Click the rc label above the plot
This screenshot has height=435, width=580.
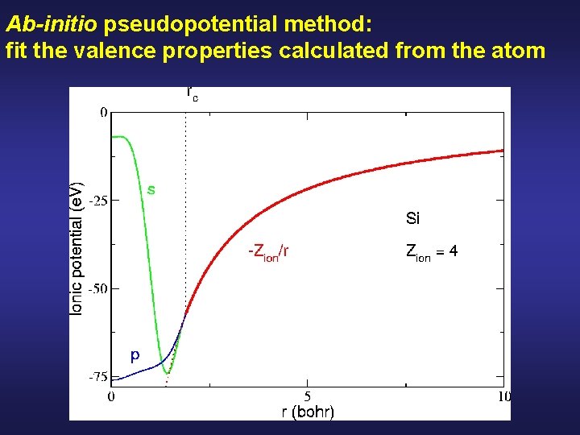coord(193,93)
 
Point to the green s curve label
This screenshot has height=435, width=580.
coord(151,190)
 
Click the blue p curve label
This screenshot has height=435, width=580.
coord(135,354)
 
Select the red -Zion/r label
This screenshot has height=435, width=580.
coord(268,251)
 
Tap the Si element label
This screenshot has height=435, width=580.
coord(412,218)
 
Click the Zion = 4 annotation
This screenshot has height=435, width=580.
coord(432,252)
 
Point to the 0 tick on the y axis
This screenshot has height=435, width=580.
coord(104,113)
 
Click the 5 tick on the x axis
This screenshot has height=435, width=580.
coord(308,396)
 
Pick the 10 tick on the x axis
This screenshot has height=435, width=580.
coord(503,396)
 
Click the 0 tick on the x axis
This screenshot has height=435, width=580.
coord(111,396)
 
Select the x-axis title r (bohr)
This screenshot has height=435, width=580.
coord(308,412)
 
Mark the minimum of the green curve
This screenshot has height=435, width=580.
coord(167,372)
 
